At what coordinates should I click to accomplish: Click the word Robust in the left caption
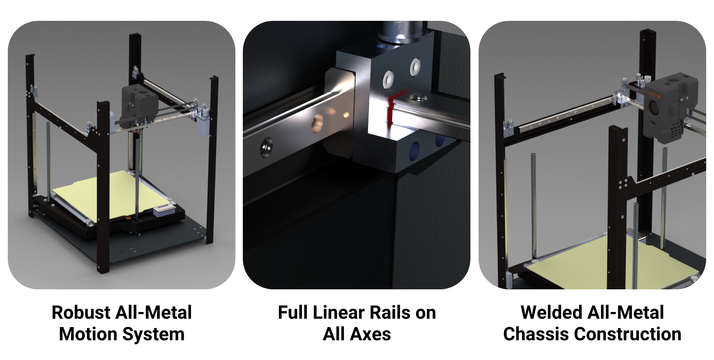[x=81, y=312]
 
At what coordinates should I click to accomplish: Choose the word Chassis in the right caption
[x=536, y=334]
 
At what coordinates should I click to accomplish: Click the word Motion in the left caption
[x=89, y=334]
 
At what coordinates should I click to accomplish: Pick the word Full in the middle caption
[x=293, y=312]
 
